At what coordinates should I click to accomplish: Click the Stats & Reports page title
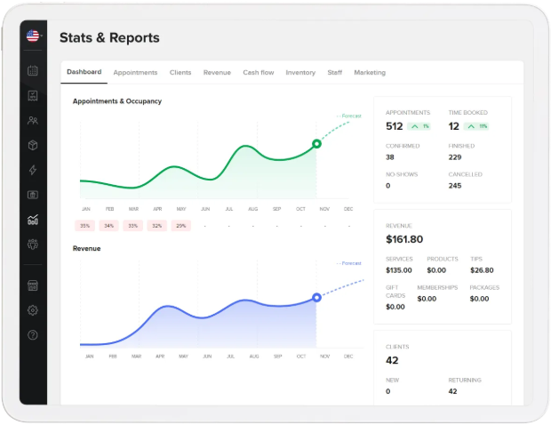click(x=109, y=38)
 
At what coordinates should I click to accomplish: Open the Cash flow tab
click(x=259, y=72)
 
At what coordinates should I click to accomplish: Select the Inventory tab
click(x=300, y=72)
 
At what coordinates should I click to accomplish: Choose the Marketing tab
click(x=370, y=72)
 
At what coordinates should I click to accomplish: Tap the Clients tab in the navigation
click(x=180, y=72)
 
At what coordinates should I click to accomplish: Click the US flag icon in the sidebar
click(x=33, y=36)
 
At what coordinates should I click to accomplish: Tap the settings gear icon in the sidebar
click(x=33, y=310)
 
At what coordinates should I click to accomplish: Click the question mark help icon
click(x=33, y=335)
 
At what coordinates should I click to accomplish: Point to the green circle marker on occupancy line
click(x=316, y=144)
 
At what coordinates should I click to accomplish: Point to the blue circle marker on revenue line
click(x=316, y=297)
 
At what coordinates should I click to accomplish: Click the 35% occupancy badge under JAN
click(x=85, y=226)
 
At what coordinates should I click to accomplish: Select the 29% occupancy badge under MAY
click(x=180, y=226)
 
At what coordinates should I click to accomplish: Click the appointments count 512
click(x=395, y=126)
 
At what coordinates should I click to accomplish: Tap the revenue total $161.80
click(x=404, y=239)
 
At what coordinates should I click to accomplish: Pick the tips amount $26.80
click(x=482, y=270)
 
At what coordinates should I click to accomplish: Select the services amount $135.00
click(x=399, y=270)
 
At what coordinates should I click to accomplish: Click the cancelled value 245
click(x=455, y=186)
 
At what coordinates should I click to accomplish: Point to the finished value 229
click(x=455, y=157)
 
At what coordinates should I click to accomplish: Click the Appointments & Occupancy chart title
click(x=117, y=101)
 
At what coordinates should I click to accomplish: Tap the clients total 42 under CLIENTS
click(x=392, y=360)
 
